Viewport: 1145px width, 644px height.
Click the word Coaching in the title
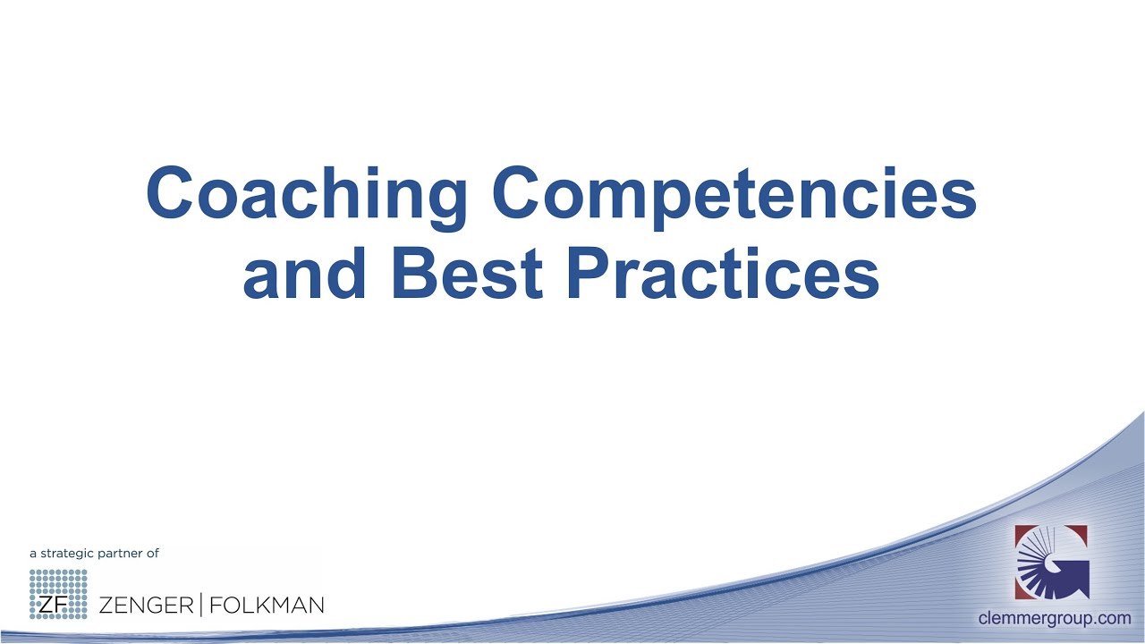pos(307,195)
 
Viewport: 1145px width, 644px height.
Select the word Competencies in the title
pos(734,195)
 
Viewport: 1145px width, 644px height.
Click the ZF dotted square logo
pos(58,594)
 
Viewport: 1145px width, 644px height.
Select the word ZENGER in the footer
pos(146,606)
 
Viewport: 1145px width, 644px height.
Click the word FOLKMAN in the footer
pos(266,606)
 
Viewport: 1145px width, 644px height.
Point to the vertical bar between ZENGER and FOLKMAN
pos(200,606)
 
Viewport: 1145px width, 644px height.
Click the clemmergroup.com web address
pos(1055,618)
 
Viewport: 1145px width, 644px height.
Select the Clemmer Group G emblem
pos(1051,562)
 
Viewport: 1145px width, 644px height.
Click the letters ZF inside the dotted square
pos(48,606)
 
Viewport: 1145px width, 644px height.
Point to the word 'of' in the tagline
pos(153,554)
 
